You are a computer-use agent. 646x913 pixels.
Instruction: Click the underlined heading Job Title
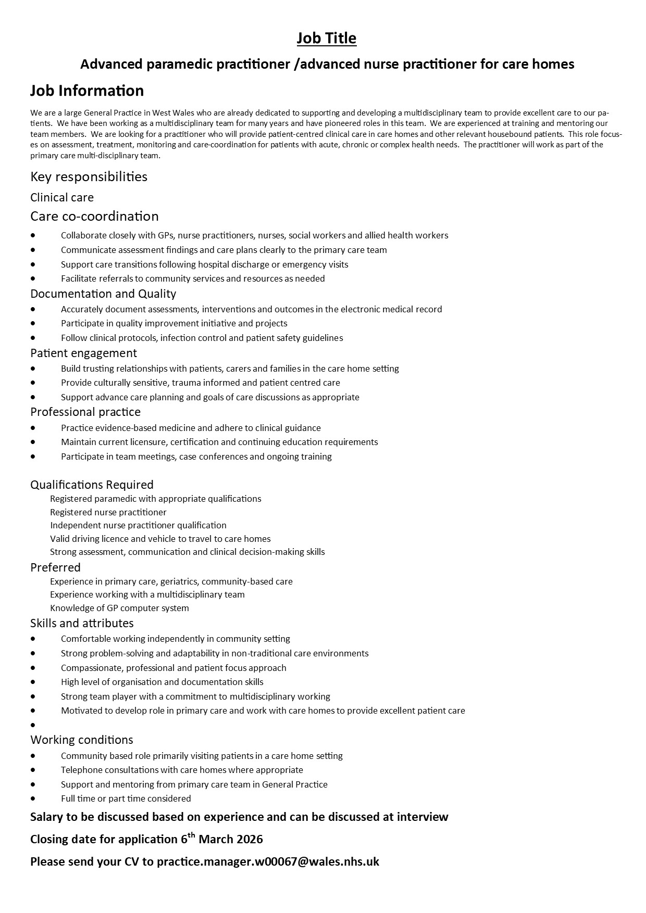coord(327,39)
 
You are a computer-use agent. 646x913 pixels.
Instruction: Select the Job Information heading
coord(87,91)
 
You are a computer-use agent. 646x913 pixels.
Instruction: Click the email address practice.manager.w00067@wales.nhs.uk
coord(268,861)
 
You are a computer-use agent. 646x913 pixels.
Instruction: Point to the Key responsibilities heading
coord(89,177)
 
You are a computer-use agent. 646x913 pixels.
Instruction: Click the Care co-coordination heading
coord(94,216)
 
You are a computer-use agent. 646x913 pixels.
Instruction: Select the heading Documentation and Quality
coord(103,294)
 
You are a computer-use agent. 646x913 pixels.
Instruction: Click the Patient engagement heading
coord(83,353)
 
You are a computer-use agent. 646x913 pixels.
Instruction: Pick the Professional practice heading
coord(85,412)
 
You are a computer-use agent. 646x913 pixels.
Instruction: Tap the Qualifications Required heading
coord(92,485)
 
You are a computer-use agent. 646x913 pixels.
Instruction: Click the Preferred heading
coord(55,567)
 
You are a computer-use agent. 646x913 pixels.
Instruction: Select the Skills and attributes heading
coord(82,623)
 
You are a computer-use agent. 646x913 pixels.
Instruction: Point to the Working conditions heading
coord(82,740)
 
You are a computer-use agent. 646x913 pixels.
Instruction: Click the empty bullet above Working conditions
coord(33,725)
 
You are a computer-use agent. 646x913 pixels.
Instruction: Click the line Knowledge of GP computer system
coord(119,608)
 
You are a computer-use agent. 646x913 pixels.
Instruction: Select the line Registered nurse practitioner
coord(108,512)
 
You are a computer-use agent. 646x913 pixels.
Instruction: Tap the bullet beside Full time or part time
coord(33,798)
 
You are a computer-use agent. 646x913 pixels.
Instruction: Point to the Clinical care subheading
coord(62,197)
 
